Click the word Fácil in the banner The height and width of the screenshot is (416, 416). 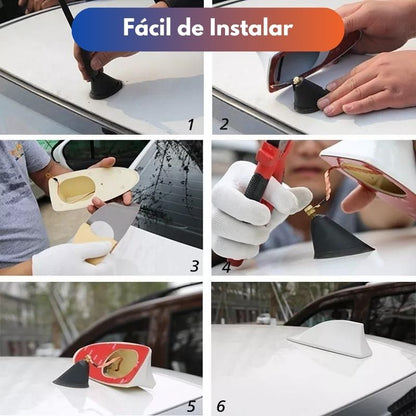click(147, 27)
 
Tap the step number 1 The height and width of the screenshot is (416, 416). click(191, 125)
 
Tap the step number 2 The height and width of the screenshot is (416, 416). click(224, 124)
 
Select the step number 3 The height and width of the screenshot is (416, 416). click(195, 266)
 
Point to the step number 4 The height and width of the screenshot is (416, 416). click(226, 267)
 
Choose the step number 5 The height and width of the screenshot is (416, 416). click(191, 406)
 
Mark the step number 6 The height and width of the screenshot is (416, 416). click(221, 406)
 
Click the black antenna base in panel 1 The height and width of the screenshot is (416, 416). click(105, 86)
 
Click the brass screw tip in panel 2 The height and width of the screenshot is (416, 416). click(297, 80)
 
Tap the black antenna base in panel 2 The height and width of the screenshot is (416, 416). click(309, 96)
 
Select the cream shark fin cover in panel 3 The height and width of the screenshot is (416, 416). click(93, 188)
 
